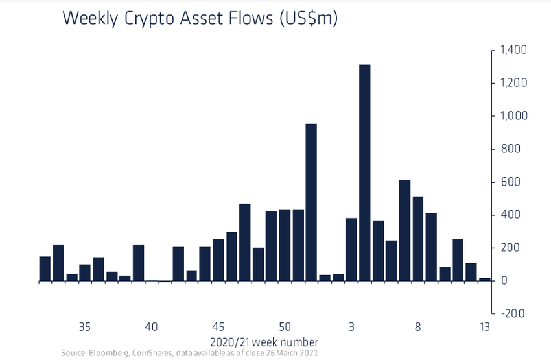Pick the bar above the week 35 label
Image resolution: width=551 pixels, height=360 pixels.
click(x=85, y=272)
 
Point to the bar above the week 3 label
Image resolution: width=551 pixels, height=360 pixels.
click(x=351, y=249)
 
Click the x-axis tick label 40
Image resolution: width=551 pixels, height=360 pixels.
click(x=152, y=326)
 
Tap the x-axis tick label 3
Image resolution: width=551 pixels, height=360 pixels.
click(x=351, y=326)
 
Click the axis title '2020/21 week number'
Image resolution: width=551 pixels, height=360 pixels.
click(x=264, y=341)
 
